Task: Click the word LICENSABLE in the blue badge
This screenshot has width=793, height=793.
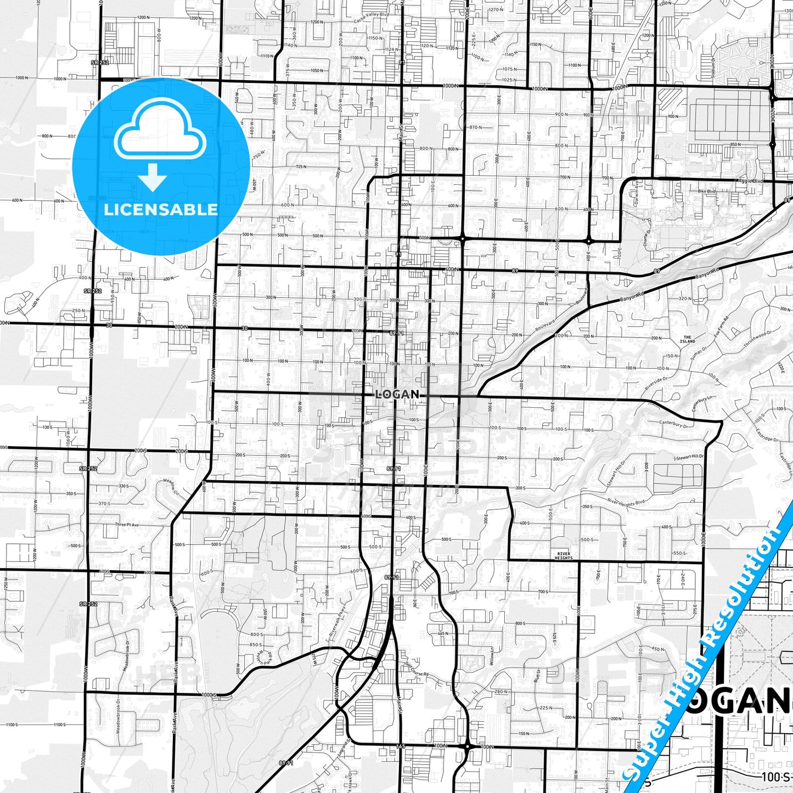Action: (161, 210)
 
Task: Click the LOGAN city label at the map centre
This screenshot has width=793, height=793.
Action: (398, 394)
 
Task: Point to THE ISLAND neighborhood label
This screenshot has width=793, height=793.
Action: (688, 339)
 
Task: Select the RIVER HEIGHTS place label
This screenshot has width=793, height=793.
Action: (564, 556)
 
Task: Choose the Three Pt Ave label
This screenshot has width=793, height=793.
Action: (128, 525)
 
